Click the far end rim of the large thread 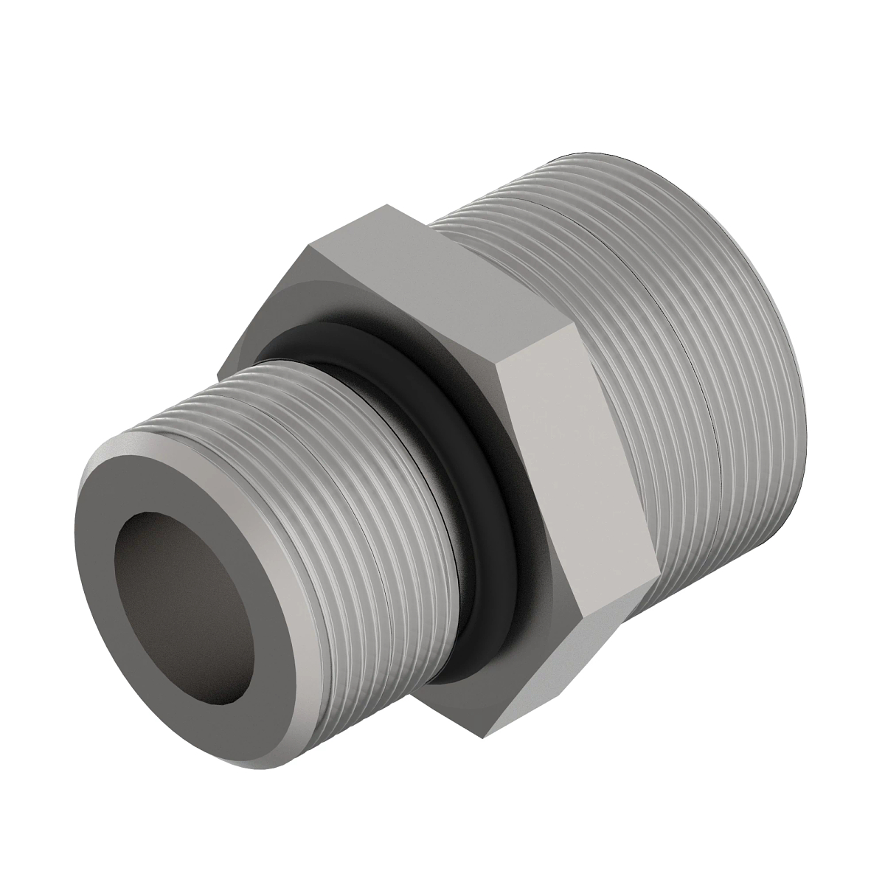point(767,295)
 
